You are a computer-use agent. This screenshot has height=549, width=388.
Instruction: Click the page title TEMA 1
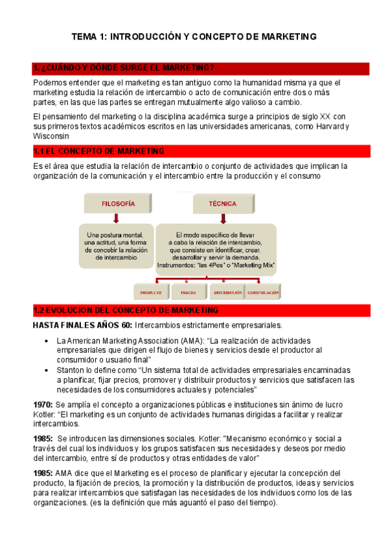coord(194,37)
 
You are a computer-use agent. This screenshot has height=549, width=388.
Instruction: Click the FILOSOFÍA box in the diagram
coord(118,203)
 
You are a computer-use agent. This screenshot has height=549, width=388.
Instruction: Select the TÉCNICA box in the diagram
coord(222,203)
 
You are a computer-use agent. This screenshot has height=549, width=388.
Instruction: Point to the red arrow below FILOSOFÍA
coord(117,219)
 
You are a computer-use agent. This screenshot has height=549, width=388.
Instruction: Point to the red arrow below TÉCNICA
coord(222,219)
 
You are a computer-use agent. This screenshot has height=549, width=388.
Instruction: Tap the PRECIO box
coord(188,292)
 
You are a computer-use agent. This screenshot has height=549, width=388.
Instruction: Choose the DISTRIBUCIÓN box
coord(226,292)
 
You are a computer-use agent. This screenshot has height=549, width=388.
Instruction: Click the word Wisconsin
coord(52,137)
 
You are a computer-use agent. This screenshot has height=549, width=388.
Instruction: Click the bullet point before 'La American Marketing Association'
coord(44,341)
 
